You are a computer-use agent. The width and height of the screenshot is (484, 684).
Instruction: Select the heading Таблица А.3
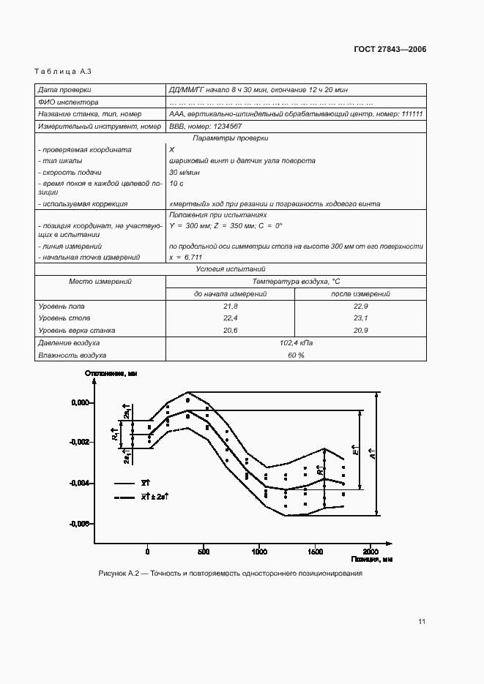[x=62, y=71]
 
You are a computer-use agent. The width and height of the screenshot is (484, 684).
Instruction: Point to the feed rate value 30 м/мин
[x=185, y=172]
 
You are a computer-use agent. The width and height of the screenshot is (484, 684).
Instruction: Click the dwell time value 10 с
[x=176, y=183]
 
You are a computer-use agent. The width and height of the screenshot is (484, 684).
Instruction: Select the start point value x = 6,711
[x=186, y=258]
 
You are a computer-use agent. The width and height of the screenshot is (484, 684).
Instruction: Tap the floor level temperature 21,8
[x=230, y=306]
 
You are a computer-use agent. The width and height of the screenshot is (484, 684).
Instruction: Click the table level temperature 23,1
[x=360, y=318]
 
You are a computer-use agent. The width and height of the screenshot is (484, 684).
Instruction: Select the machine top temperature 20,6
[x=230, y=331]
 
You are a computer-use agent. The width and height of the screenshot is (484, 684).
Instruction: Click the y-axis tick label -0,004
[x=78, y=483]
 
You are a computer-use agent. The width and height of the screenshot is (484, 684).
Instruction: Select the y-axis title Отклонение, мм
[x=111, y=374]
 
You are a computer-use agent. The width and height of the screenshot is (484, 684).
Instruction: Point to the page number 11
[x=421, y=622]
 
